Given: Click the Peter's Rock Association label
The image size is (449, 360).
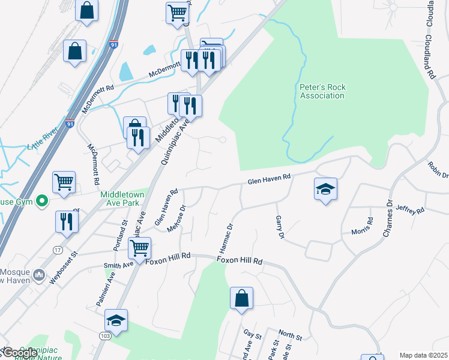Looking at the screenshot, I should click(322, 91).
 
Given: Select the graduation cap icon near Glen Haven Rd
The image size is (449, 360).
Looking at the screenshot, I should click(325, 190).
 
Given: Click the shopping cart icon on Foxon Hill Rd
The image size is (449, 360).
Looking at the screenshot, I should click(139, 247).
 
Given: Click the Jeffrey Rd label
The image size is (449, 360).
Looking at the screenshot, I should click(411, 210).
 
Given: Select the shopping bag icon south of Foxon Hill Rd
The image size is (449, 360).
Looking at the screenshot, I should click(241, 298).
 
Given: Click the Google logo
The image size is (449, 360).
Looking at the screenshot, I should click(20, 353).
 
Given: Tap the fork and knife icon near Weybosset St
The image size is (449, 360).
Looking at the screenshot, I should click(67, 221).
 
